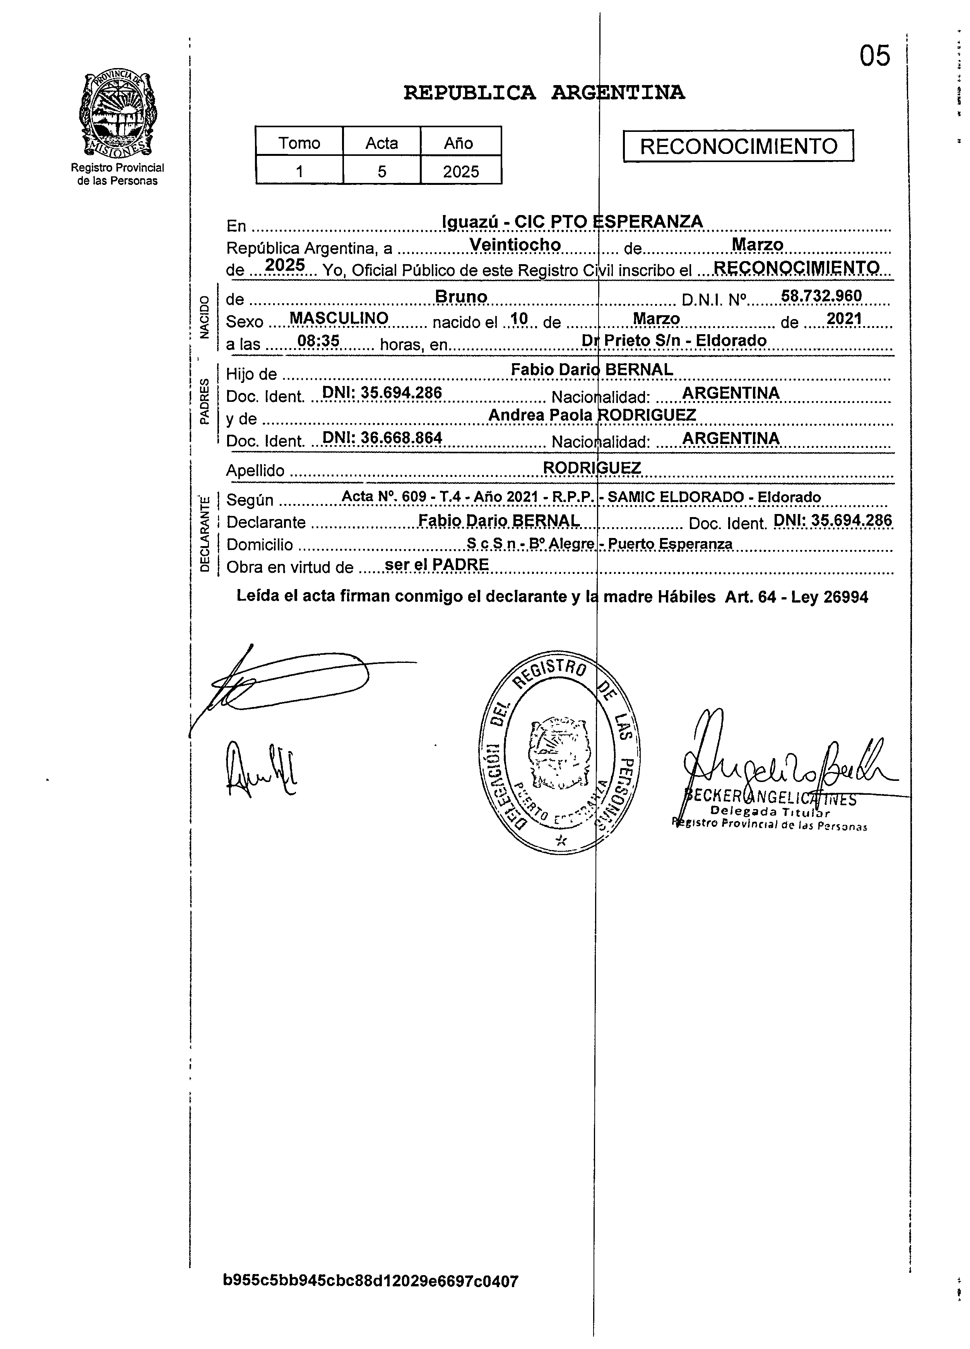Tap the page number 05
874,56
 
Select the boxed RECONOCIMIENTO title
738,146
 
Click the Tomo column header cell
299,143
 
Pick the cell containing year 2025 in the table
460,171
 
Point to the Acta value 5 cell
381,171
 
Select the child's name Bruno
461,296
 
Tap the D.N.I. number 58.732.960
821,295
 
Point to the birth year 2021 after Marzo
844,319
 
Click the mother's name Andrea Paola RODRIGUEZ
592,415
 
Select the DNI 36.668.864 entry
382,438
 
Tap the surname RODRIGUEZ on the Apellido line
592,468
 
